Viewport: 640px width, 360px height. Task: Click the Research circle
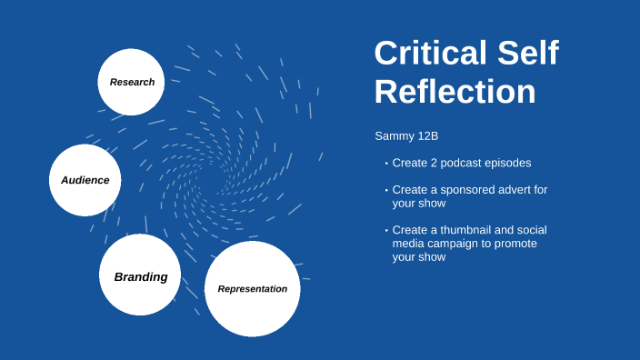tap(131, 82)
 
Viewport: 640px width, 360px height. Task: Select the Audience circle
tap(85, 180)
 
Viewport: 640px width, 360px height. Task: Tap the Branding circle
tap(140, 275)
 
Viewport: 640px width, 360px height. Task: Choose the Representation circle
tap(252, 289)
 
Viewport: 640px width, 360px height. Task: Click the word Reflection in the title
tap(455, 93)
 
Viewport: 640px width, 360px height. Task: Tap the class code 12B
tap(426, 136)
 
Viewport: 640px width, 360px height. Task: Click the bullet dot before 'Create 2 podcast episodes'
tap(385, 164)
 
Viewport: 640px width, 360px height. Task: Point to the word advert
tap(514, 189)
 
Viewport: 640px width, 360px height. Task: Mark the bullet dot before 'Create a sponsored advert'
tap(385, 190)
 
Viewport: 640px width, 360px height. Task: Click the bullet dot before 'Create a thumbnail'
tap(385, 231)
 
